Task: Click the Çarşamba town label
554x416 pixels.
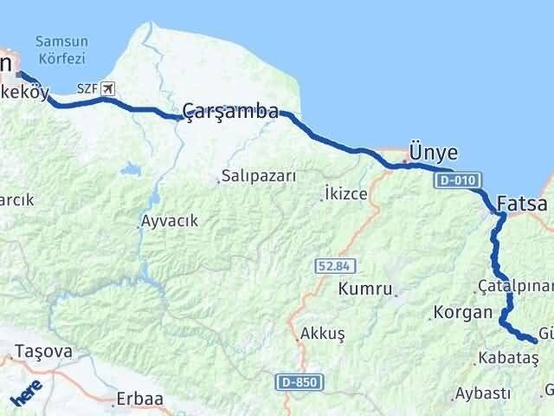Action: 230,111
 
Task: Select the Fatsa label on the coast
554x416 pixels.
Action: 522,205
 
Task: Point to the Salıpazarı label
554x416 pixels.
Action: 259,175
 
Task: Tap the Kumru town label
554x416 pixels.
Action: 366,288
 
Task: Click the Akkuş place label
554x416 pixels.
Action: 323,333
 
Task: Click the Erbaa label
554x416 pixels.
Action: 139,400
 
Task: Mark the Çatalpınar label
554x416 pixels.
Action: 514,285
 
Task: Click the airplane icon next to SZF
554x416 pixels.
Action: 107,88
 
